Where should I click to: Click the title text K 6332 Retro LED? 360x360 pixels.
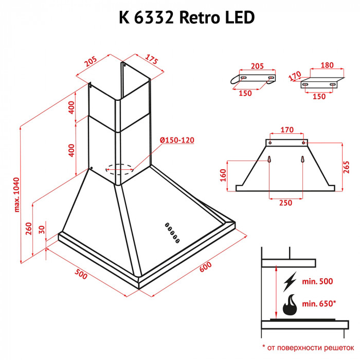(179, 17)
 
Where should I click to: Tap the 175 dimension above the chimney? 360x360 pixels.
(150, 60)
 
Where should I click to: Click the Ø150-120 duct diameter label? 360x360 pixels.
(177, 141)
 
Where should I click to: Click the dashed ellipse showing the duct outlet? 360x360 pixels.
(119, 168)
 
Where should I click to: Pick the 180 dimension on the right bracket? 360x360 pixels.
(326, 65)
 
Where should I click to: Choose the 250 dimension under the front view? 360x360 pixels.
(285, 203)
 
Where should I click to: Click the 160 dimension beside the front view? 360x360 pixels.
(223, 175)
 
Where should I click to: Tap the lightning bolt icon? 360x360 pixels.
(290, 281)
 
